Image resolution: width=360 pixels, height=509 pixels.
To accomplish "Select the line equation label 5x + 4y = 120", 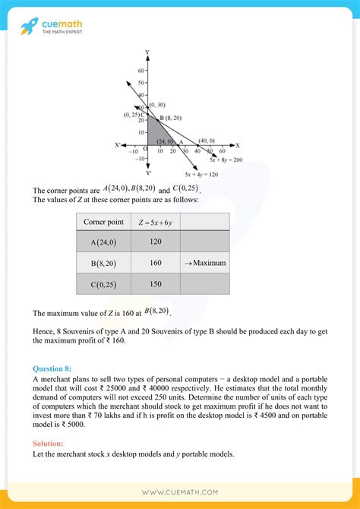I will (201, 174).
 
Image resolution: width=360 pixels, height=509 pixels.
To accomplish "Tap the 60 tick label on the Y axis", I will (141, 70).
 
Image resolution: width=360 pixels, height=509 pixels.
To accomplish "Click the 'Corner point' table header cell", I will (103, 222).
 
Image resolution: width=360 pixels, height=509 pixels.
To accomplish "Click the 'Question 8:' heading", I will (52, 368).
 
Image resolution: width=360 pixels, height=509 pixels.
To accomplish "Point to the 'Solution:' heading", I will (49, 443).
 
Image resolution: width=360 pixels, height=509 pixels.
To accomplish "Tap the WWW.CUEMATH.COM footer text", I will (180, 492).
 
